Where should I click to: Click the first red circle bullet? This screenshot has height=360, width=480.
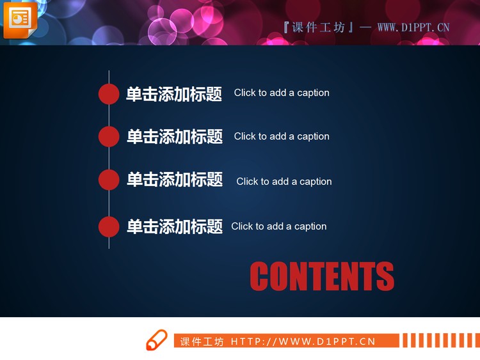[109, 93]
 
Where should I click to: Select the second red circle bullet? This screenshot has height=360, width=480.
[109, 136]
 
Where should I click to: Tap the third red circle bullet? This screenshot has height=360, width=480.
[109, 180]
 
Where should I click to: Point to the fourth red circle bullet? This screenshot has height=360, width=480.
[109, 226]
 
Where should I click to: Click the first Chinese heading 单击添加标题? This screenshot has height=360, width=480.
[174, 94]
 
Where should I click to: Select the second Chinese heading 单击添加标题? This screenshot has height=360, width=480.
[174, 136]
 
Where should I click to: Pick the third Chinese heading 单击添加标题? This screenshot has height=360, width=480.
[174, 180]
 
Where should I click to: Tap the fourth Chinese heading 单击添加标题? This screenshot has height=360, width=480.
[174, 226]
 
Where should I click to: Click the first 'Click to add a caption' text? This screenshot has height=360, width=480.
[282, 93]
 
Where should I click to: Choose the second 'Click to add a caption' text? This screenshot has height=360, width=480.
[282, 136]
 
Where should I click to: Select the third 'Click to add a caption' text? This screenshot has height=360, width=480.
[284, 182]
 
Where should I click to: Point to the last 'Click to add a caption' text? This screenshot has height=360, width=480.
[279, 226]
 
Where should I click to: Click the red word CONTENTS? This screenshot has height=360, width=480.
[322, 276]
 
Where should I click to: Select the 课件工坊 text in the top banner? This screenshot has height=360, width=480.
[318, 27]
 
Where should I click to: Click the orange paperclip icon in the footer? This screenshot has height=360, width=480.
[156, 340]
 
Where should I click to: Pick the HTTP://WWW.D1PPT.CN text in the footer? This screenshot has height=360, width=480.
[303, 341]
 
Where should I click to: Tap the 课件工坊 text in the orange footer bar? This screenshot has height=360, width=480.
[202, 341]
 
